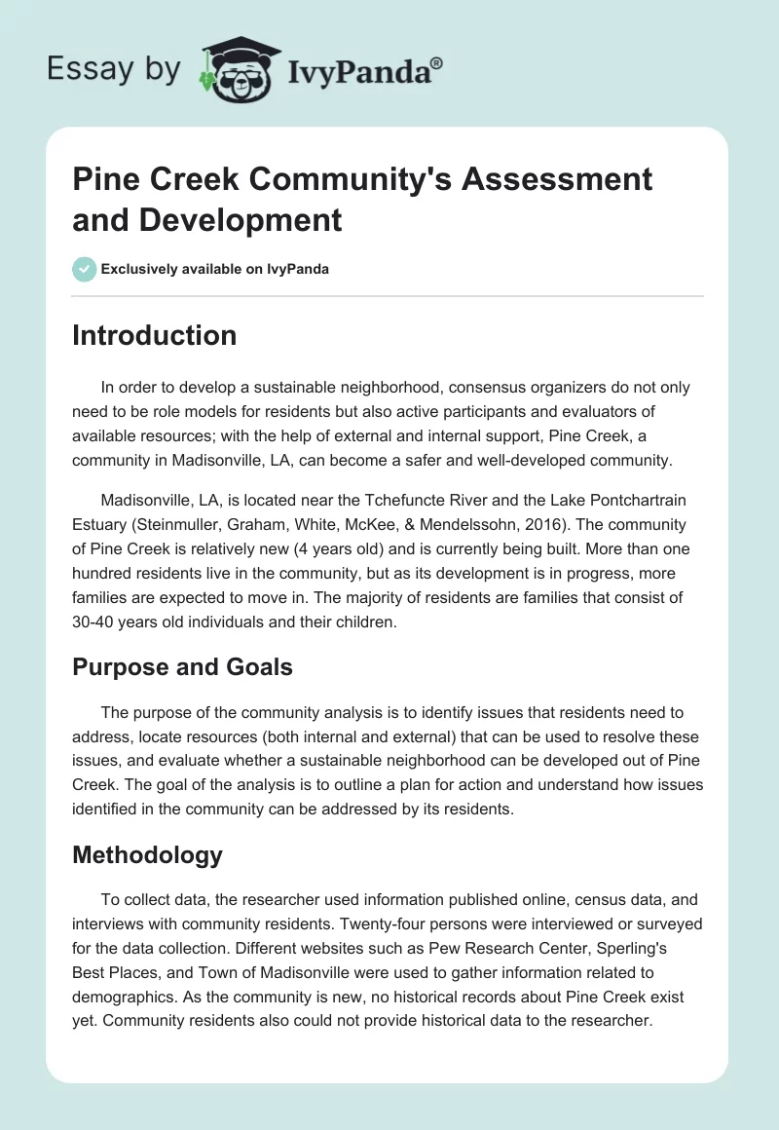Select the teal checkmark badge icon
(x=85, y=269)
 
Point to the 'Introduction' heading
(x=155, y=335)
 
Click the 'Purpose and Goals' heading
(x=182, y=667)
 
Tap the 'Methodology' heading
(x=148, y=855)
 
